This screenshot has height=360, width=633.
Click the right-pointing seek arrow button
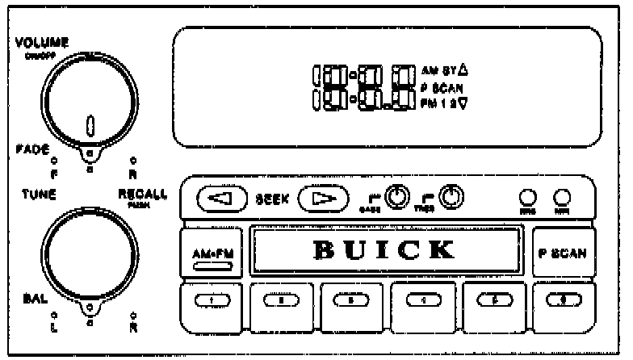[321, 199]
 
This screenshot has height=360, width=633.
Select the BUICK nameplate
[384, 250]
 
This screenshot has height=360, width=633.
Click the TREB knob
[454, 197]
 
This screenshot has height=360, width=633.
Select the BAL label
[31, 298]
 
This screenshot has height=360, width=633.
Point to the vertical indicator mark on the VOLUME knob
[90, 125]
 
